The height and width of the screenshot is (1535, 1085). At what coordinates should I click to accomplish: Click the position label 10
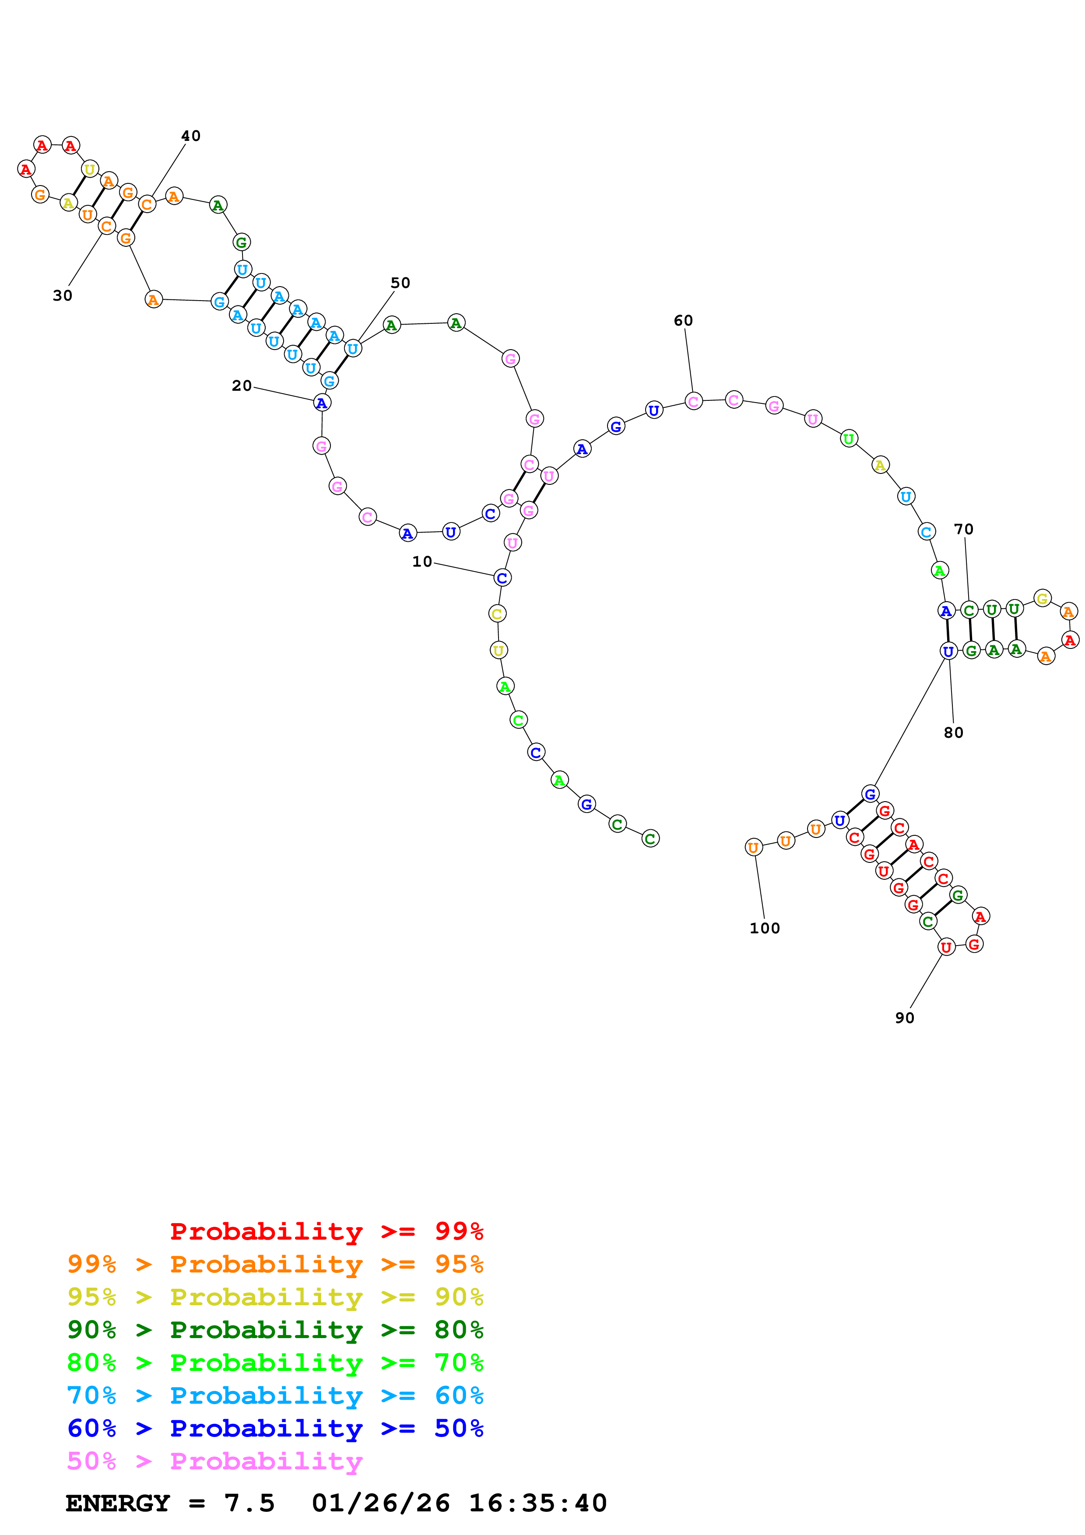tap(422, 561)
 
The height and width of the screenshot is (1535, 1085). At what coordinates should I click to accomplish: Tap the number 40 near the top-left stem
tap(191, 136)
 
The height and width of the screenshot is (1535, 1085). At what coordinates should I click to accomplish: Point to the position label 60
tap(683, 320)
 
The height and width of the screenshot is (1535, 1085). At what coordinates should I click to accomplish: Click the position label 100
tap(765, 928)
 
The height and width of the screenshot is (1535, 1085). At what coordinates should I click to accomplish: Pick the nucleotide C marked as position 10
tap(502, 578)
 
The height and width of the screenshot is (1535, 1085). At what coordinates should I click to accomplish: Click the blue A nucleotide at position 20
tap(322, 403)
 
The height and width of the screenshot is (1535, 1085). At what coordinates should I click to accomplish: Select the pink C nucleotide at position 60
tap(693, 401)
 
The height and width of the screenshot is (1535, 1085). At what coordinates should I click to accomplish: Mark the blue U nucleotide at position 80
tap(948, 651)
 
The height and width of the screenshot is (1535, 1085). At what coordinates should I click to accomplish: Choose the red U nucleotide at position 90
tap(946, 946)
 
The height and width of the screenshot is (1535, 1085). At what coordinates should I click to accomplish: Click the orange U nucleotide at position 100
tap(753, 847)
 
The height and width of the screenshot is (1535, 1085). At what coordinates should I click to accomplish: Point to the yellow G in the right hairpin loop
tap(1042, 598)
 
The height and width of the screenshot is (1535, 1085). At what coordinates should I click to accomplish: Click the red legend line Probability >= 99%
tap(326, 1231)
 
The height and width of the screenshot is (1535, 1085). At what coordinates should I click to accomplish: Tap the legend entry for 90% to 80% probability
tap(275, 1330)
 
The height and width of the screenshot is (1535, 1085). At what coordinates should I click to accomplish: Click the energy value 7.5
tap(249, 1503)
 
